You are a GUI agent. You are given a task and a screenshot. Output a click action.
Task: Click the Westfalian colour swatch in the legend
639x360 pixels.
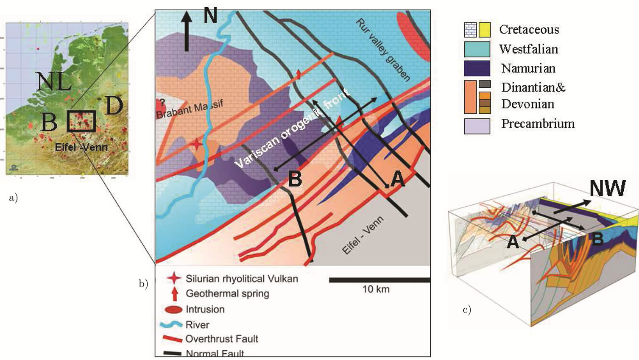pos(477,49)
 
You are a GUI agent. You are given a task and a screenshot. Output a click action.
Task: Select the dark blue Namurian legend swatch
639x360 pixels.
pos(477,68)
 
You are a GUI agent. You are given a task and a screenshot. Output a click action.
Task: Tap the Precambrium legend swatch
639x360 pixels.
pos(477,126)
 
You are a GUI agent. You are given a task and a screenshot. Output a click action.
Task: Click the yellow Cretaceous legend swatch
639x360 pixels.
pos(485,30)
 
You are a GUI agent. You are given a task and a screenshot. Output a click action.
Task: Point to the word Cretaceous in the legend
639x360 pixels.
pos(529,30)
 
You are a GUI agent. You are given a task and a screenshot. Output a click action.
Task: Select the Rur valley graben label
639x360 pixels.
pos(383,50)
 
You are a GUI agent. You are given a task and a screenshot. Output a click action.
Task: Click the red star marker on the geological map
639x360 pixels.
pos(196,144)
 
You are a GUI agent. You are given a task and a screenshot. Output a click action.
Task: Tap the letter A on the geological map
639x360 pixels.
pos(397,179)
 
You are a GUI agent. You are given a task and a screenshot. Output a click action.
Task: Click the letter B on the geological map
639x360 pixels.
pos(295,179)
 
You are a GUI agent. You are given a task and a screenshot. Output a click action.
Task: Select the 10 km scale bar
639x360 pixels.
pos(379,280)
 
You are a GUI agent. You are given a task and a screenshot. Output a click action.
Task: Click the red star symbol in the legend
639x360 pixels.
pos(174,278)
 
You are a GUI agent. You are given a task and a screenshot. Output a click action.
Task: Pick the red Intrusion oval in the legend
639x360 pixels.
pos(173,310)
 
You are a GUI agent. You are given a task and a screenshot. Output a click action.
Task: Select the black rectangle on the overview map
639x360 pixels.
pos(81,121)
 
